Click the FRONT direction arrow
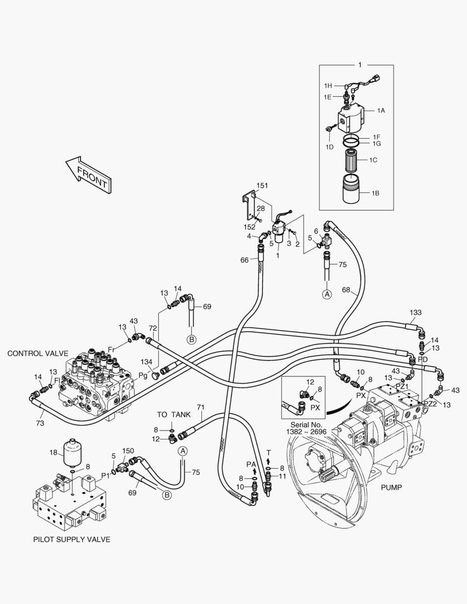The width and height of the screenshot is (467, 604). [x=89, y=175]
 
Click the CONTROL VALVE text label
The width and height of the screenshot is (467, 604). [x=37, y=353]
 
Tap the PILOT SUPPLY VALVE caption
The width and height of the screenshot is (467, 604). [x=71, y=539]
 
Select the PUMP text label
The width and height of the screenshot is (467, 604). [x=391, y=488]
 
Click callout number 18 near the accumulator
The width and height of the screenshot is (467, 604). [x=53, y=452]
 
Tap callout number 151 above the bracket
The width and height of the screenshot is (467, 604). [x=262, y=185]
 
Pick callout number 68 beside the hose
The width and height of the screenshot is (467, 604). [x=346, y=290]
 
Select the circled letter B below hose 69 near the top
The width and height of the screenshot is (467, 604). [x=192, y=339]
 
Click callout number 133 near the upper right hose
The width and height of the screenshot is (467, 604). [x=416, y=313]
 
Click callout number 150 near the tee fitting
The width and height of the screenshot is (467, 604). [x=128, y=451]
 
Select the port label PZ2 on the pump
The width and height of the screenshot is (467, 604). [x=430, y=404]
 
